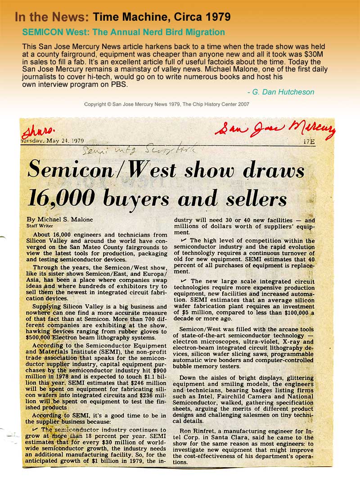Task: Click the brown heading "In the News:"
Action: coord(52,18)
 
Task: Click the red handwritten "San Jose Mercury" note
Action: coord(275,128)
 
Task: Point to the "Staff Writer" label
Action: coord(40,225)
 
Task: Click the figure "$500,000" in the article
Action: coord(41,337)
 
